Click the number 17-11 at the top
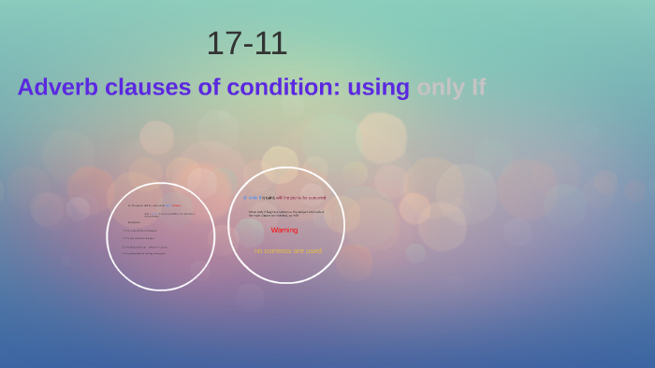click(246, 44)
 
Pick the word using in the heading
click(378, 87)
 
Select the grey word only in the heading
click(440, 87)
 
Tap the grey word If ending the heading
click(477, 87)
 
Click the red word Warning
click(284, 230)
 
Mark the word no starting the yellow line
click(258, 251)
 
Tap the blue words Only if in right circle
click(251, 198)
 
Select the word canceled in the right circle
click(316, 198)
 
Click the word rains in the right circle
click(269, 198)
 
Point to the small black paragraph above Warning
click(286, 214)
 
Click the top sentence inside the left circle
click(154, 205)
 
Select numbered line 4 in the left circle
click(144, 253)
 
